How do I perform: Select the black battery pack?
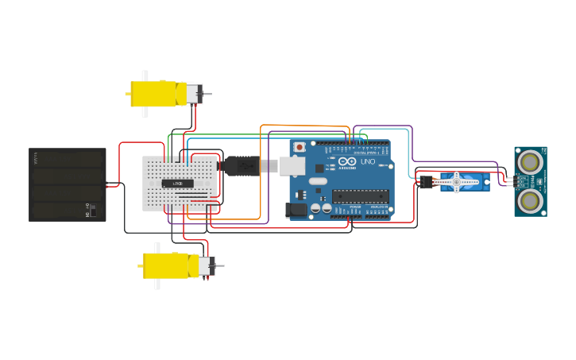(67, 184)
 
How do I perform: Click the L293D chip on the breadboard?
(178, 184)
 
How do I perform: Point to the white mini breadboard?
(180, 184)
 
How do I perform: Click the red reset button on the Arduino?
(300, 147)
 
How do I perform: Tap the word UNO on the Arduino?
(368, 161)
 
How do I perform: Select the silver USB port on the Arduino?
(292, 165)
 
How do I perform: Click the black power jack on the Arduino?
(296, 210)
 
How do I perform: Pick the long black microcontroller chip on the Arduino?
(361, 196)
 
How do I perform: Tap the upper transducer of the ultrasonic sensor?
(530, 162)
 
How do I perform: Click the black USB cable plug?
(241, 166)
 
